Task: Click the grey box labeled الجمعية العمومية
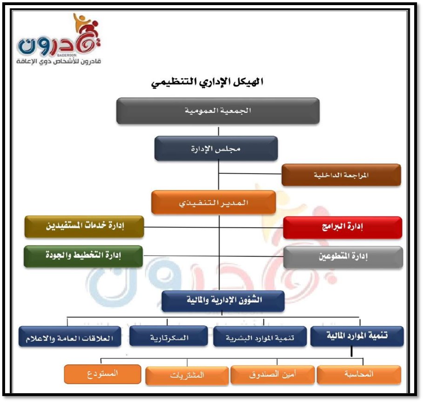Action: click(218, 111)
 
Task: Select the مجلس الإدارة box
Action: click(216, 149)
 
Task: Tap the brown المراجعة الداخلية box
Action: click(341, 175)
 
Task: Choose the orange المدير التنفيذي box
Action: click(214, 203)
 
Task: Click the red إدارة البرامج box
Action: click(342, 227)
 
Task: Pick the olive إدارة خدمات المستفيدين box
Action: click(84, 226)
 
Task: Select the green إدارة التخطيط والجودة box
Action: click(83, 256)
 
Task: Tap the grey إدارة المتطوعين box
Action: click(343, 257)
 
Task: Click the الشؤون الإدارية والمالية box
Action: click(223, 301)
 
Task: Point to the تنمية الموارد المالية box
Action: click(357, 336)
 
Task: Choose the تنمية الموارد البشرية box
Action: click(260, 337)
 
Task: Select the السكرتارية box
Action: click(169, 336)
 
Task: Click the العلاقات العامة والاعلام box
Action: click(70, 337)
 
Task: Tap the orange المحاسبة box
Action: click(359, 375)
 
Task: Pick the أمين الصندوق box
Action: click(273, 375)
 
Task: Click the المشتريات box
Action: click(187, 375)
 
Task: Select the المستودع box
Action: click(102, 374)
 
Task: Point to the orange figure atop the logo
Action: click(81, 21)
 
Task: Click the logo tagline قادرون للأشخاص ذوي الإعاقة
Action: click(59, 61)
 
